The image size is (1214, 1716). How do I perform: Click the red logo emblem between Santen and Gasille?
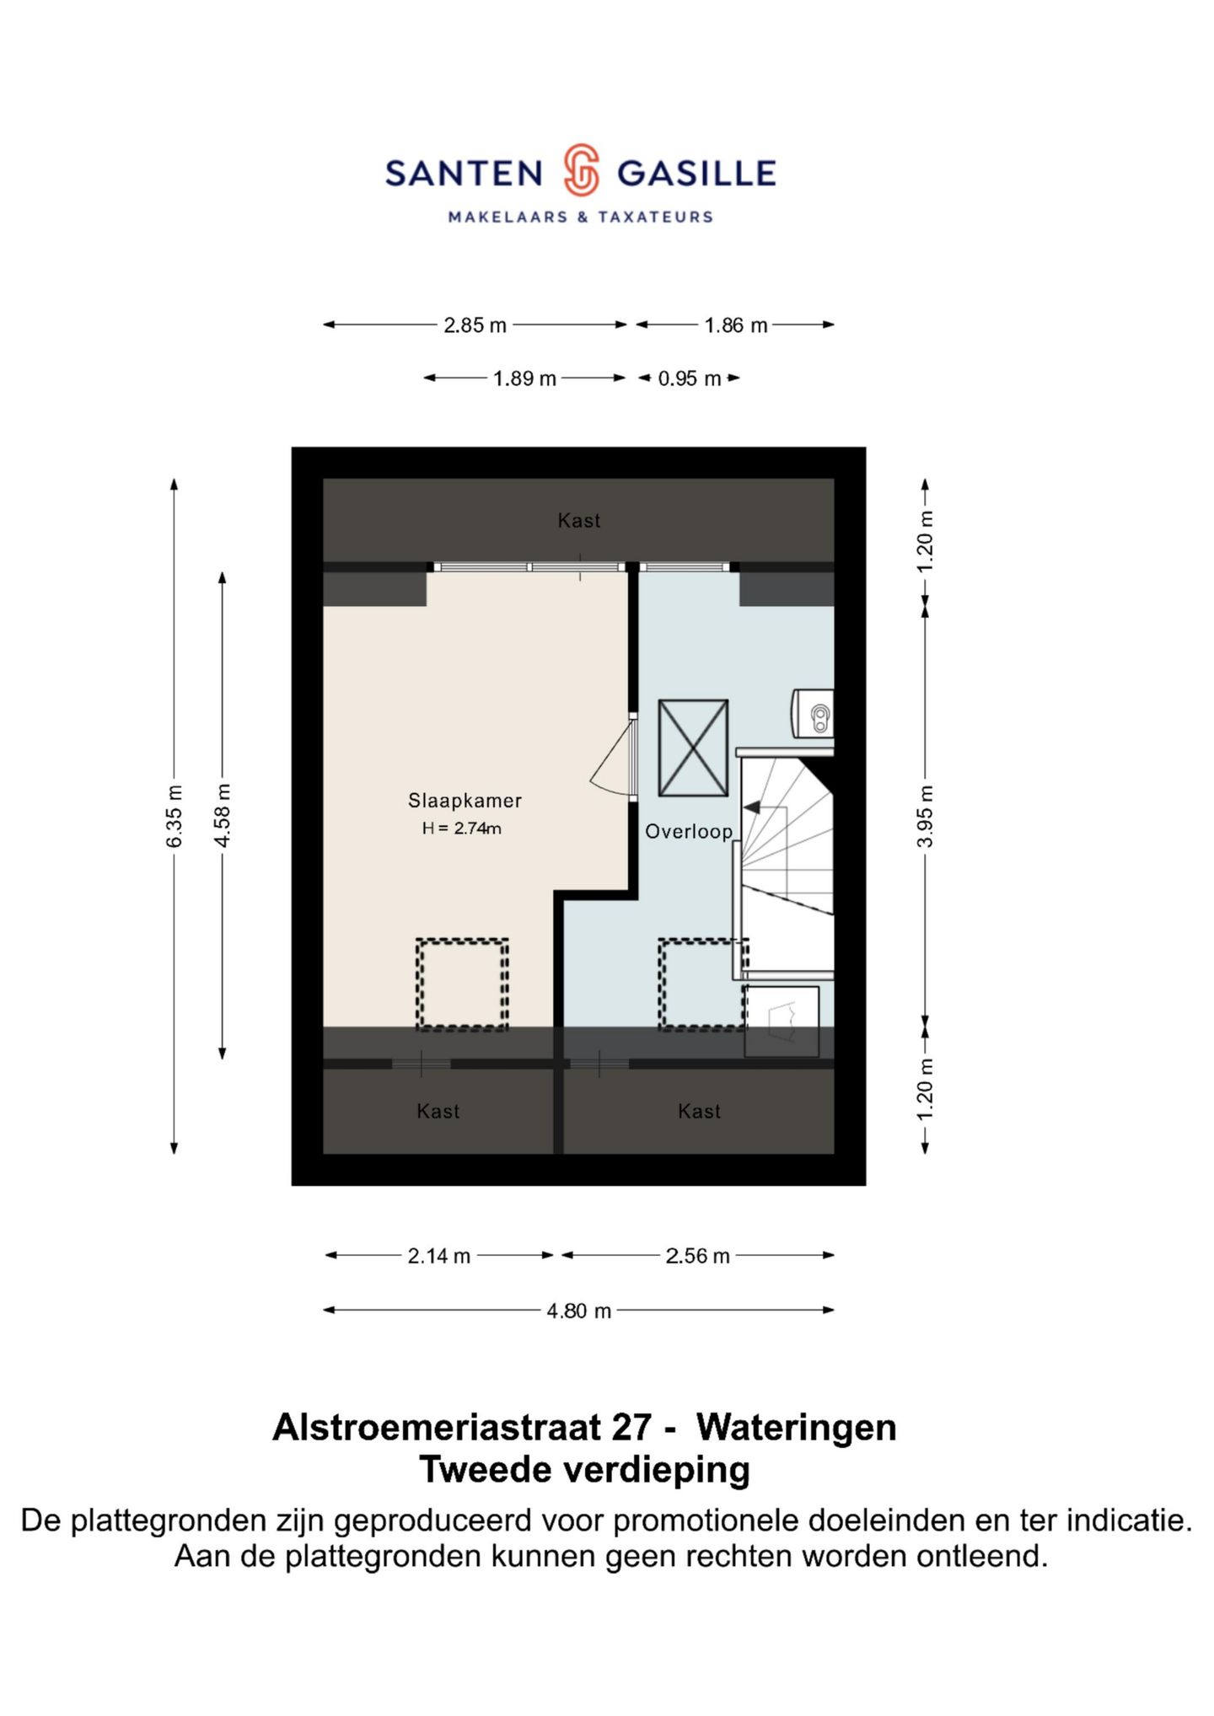[x=581, y=170]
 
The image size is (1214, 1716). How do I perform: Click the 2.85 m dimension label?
[x=475, y=325]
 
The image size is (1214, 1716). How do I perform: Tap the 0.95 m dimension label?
[x=689, y=379]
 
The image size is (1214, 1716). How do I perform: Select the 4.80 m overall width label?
[x=578, y=1311]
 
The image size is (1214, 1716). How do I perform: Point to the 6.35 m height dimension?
[x=175, y=816]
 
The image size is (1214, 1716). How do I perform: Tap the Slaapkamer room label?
[x=465, y=801]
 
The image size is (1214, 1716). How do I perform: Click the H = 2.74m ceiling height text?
[x=461, y=829]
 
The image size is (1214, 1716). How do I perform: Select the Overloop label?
[x=688, y=832]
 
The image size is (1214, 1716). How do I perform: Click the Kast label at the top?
[x=579, y=521]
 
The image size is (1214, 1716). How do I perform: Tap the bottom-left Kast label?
[x=438, y=1112]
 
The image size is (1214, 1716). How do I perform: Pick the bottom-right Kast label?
[x=699, y=1112]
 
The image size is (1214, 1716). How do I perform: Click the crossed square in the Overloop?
[x=693, y=748]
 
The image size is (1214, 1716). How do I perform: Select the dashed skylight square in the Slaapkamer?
[x=462, y=984]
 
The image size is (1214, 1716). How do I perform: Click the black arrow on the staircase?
[x=752, y=807]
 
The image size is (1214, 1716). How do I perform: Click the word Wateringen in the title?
[x=796, y=1427]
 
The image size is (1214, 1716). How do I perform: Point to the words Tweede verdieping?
[x=584, y=1469]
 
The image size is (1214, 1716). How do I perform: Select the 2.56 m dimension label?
[x=697, y=1257]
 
